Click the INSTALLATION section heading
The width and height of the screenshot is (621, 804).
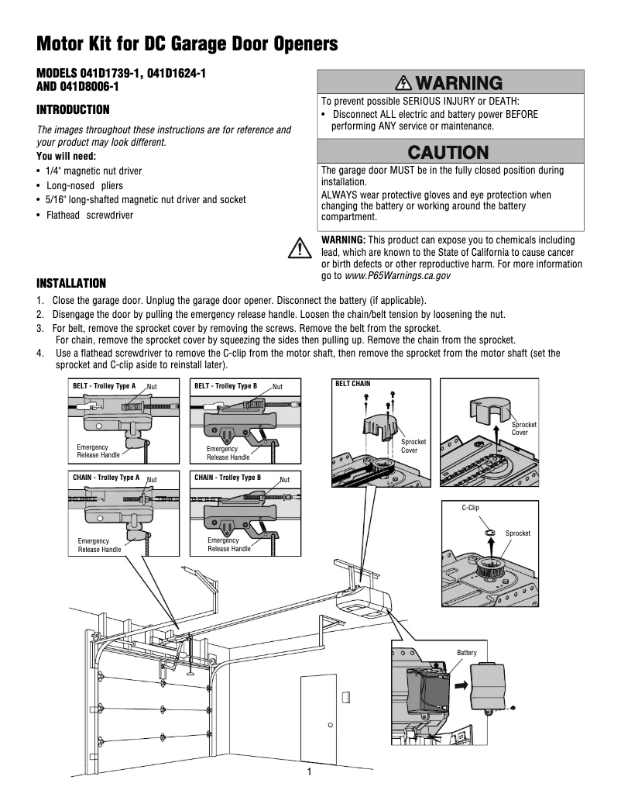tap(72, 283)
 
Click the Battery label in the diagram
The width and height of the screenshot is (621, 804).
tap(467, 653)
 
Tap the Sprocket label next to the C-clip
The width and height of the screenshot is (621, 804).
tap(518, 533)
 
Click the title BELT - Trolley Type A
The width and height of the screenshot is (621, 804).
tap(105, 385)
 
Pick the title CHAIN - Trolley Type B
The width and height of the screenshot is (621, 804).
tap(228, 478)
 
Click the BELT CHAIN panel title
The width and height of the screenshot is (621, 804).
tap(352, 384)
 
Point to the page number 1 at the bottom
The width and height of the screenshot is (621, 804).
tap(309, 771)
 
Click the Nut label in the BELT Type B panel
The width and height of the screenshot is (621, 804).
tap(277, 386)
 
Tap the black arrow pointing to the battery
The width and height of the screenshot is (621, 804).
tap(460, 685)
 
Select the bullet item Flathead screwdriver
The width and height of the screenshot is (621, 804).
tap(89, 215)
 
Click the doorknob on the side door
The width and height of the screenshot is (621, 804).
tap(331, 726)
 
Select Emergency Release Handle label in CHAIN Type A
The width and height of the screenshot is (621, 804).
tap(99, 544)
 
